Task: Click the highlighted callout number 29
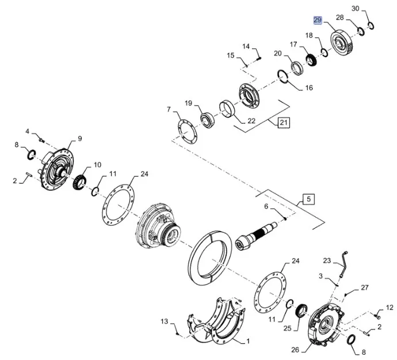[318, 20]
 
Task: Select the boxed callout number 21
[284, 122]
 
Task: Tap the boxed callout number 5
[308, 199]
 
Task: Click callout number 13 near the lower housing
[164, 321]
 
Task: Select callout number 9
[80, 138]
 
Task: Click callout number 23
[326, 260]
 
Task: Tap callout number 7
[169, 109]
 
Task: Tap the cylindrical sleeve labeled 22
[227, 109]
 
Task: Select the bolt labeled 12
[377, 315]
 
